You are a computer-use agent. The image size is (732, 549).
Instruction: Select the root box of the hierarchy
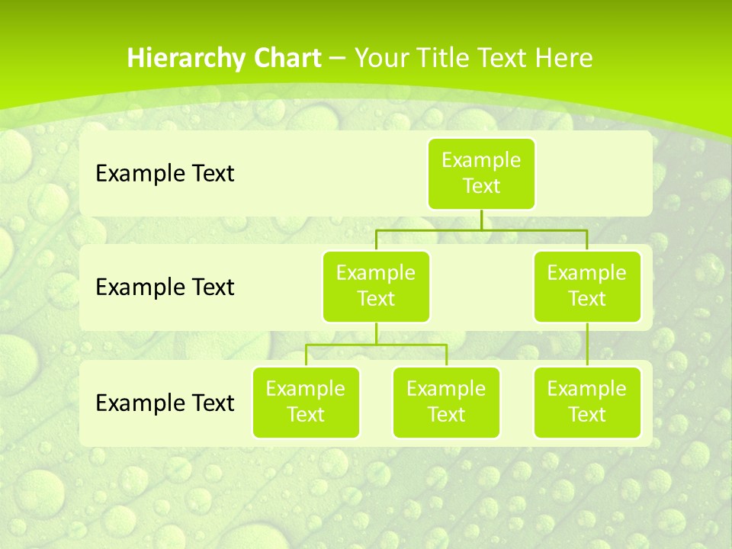tap(481, 173)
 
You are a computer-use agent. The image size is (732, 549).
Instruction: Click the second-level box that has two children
tap(376, 286)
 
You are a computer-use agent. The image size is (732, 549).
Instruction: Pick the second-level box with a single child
tap(587, 286)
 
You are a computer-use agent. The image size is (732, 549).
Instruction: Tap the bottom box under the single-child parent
tap(587, 402)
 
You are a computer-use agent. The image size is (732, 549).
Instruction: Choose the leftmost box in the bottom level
tap(306, 402)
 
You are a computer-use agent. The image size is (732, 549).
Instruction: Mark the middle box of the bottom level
tap(446, 402)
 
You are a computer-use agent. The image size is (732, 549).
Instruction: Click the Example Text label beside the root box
tap(165, 174)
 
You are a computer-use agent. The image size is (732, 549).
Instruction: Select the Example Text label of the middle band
tap(165, 287)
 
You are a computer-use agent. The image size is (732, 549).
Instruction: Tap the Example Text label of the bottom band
tap(165, 403)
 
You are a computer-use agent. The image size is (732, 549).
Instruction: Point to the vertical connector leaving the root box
tap(481, 220)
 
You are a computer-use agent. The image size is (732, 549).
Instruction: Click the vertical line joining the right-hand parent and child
tap(587, 345)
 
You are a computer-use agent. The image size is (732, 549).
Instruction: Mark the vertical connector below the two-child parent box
tap(376, 333)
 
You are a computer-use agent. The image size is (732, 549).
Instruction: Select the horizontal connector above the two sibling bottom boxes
tap(376, 345)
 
